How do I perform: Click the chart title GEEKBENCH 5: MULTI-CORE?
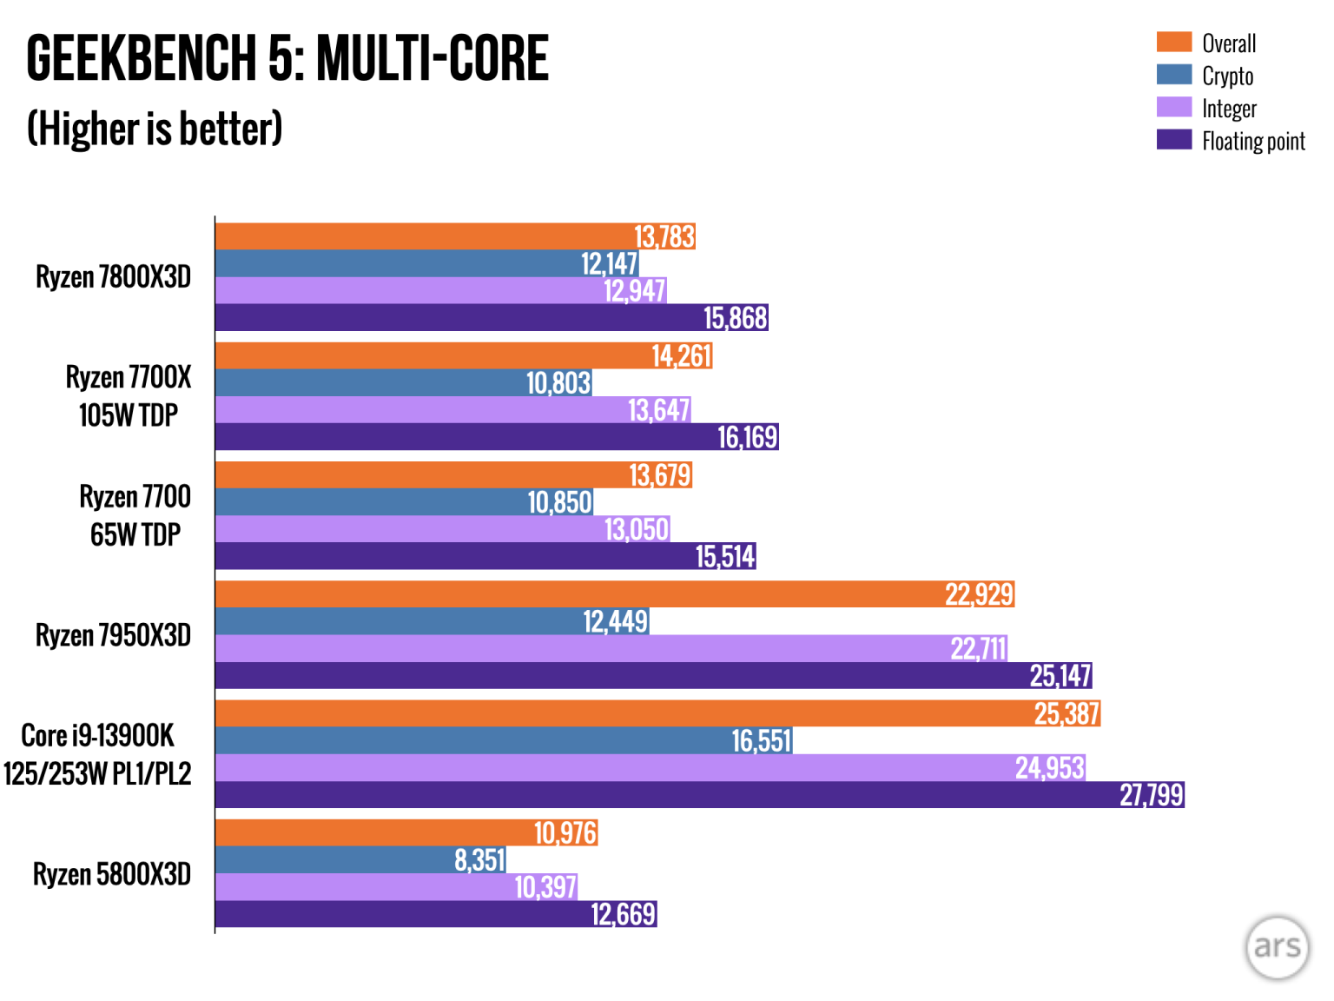pyautogui.click(x=287, y=59)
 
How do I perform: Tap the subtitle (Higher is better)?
pyautogui.click(x=155, y=129)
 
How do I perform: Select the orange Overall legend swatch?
pyautogui.click(x=1173, y=42)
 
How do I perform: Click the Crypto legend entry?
pyautogui.click(x=1226, y=76)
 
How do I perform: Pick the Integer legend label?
pyautogui.click(x=1228, y=109)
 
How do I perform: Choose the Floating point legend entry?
pyautogui.click(x=1252, y=141)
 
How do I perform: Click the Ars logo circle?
pyautogui.click(x=1277, y=946)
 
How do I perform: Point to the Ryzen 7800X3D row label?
pyautogui.click(x=113, y=277)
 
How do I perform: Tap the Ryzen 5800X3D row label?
pyautogui.click(x=111, y=874)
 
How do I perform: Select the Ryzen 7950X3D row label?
pyautogui.click(x=113, y=635)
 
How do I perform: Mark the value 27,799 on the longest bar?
pyautogui.click(x=1151, y=795)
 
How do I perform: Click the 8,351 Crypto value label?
pyautogui.click(x=479, y=860)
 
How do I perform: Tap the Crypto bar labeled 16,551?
pyautogui.click(x=504, y=741)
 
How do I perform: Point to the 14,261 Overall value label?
pyautogui.click(x=682, y=355)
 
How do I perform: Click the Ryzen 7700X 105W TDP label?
pyautogui.click(x=128, y=396)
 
